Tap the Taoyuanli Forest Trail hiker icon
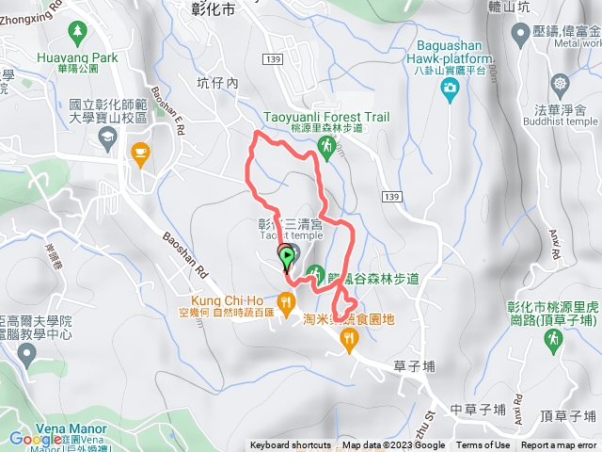(x=325, y=146)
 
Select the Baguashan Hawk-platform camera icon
(x=451, y=89)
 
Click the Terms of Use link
(x=483, y=445)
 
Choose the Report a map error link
(x=560, y=445)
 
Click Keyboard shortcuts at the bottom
(x=290, y=445)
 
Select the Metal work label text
(x=577, y=42)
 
